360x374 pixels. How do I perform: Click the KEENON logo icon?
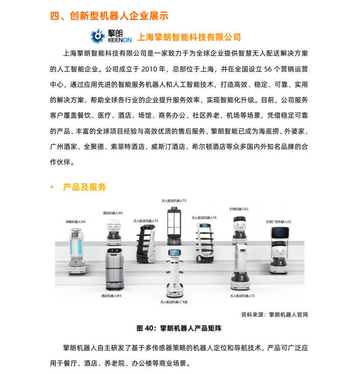click(99, 35)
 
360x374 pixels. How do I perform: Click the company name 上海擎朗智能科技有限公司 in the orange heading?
click(189, 37)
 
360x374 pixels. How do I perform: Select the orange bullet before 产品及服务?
click(52, 188)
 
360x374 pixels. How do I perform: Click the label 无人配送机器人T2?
click(174, 200)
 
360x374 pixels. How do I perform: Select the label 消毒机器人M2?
click(76, 222)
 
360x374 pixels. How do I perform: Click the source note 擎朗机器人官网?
click(289, 315)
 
